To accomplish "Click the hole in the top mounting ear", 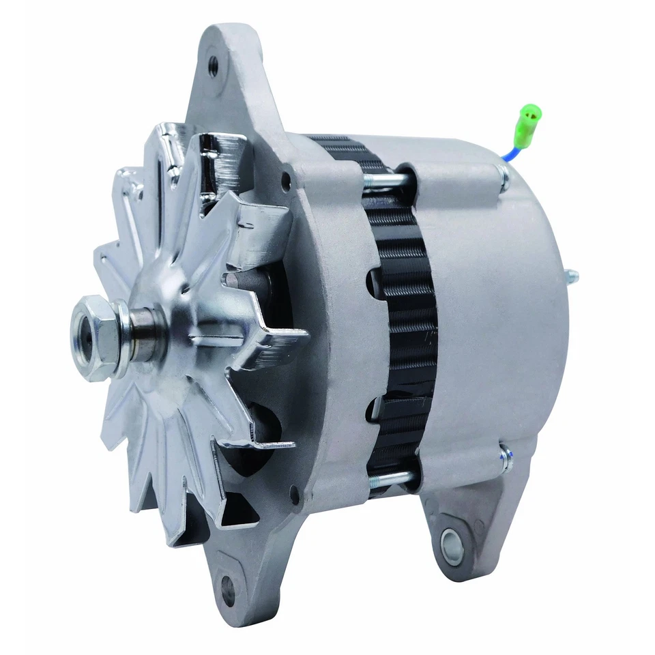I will click(x=213, y=66).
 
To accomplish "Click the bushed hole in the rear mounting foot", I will click(x=452, y=544).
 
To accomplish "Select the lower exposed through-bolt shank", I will click(x=393, y=478).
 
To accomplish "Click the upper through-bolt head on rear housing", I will click(x=504, y=179).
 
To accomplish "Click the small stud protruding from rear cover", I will click(x=571, y=276).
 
